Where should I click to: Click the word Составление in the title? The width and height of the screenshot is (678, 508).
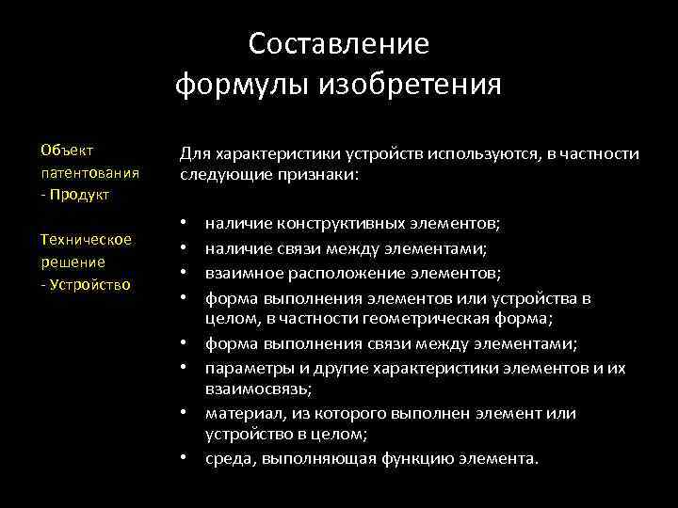[x=339, y=44]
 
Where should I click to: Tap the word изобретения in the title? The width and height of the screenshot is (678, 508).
[x=412, y=86]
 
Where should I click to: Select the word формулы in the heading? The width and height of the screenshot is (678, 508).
[x=245, y=86]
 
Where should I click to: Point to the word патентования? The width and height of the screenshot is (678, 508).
[x=90, y=172]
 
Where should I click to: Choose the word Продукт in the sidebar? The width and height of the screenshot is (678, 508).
[x=81, y=194]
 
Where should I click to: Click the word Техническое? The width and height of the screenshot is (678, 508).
[x=86, y=239]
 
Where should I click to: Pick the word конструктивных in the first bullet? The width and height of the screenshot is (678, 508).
[x=333, y=225]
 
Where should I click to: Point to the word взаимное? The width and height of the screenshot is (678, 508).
[x=239, y=274]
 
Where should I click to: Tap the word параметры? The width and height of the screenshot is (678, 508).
[x=246, y=368]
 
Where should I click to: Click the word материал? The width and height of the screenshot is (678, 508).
[x=239, y=413]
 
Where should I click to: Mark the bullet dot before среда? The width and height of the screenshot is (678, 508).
[x=184, y=458]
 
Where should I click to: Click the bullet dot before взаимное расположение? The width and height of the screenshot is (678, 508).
[x=184, y=274]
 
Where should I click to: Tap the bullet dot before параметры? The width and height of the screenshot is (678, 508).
[x=184, y=368]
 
